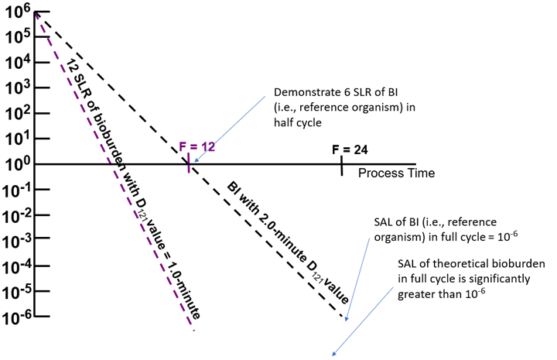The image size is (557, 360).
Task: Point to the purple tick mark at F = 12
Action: coord(188,163)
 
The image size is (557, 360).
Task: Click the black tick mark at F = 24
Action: coord(341,164)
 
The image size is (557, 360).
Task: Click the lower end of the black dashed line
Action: coord(341,317)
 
